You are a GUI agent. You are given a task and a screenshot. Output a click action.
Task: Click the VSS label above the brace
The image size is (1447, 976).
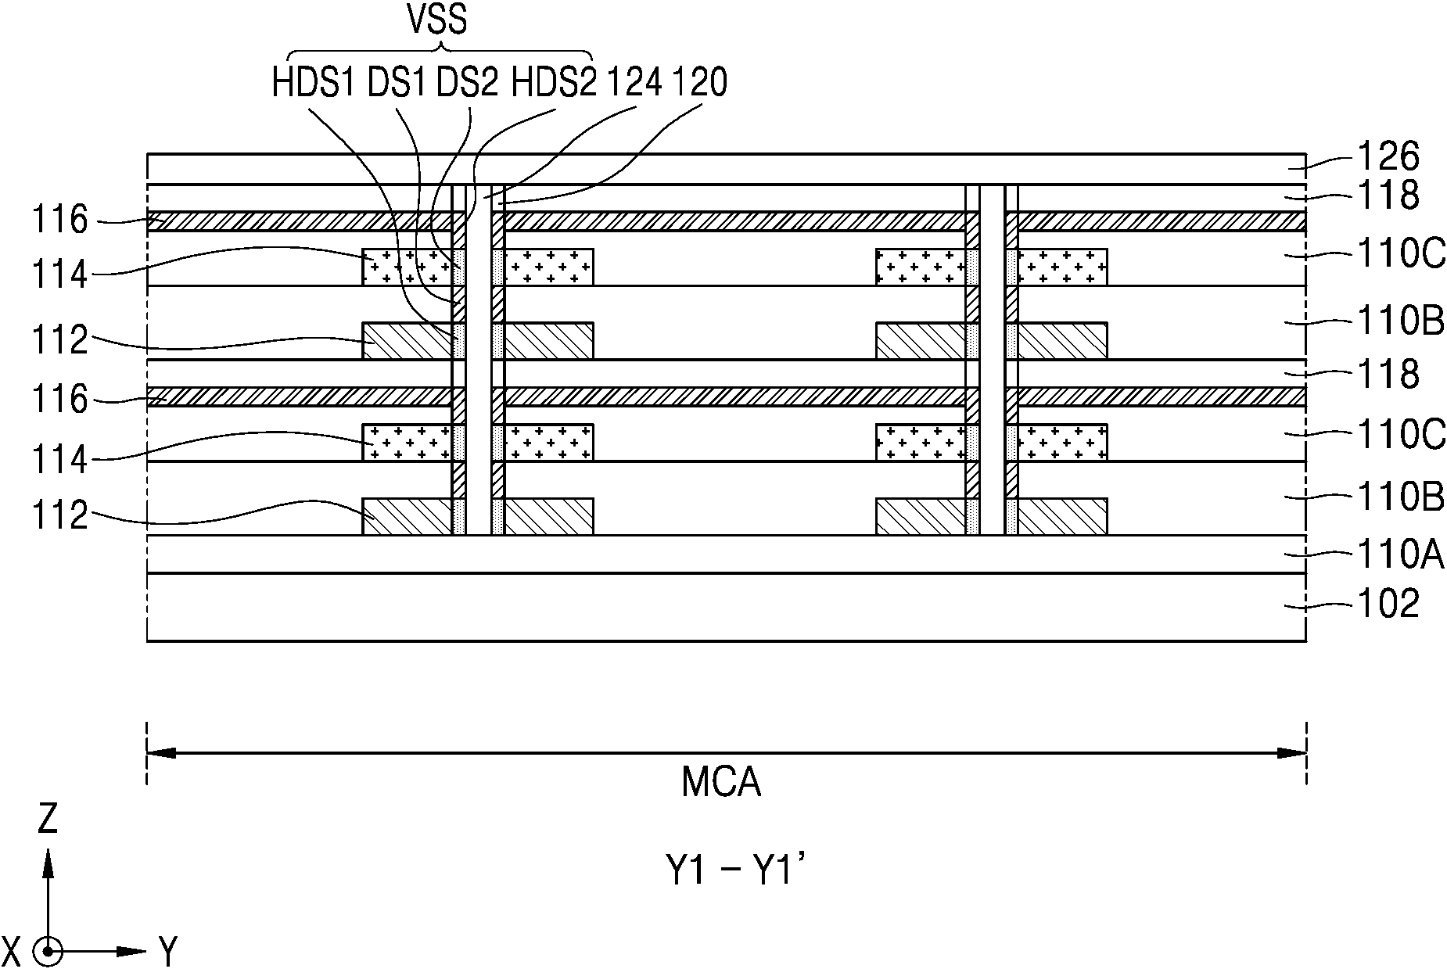coord(439,20)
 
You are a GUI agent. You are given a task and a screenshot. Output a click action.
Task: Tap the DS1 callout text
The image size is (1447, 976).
coord(397,82)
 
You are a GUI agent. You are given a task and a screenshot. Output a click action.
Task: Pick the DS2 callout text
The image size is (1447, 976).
coord(467,82)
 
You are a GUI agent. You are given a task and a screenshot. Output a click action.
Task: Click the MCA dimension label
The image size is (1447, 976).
coord(721,782)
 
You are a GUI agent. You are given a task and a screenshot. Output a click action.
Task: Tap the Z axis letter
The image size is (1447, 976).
coord(48,819)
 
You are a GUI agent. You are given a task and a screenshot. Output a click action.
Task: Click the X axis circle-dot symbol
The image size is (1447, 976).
coord(48,952)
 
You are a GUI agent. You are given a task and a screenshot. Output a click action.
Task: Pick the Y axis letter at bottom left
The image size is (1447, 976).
coord(168,952)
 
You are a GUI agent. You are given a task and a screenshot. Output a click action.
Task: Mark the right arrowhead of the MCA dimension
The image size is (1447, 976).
coord(1291,753)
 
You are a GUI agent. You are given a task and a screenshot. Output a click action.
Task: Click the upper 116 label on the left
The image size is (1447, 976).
coord(59,221)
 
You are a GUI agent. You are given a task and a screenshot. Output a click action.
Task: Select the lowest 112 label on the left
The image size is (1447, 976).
coord(59,516)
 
